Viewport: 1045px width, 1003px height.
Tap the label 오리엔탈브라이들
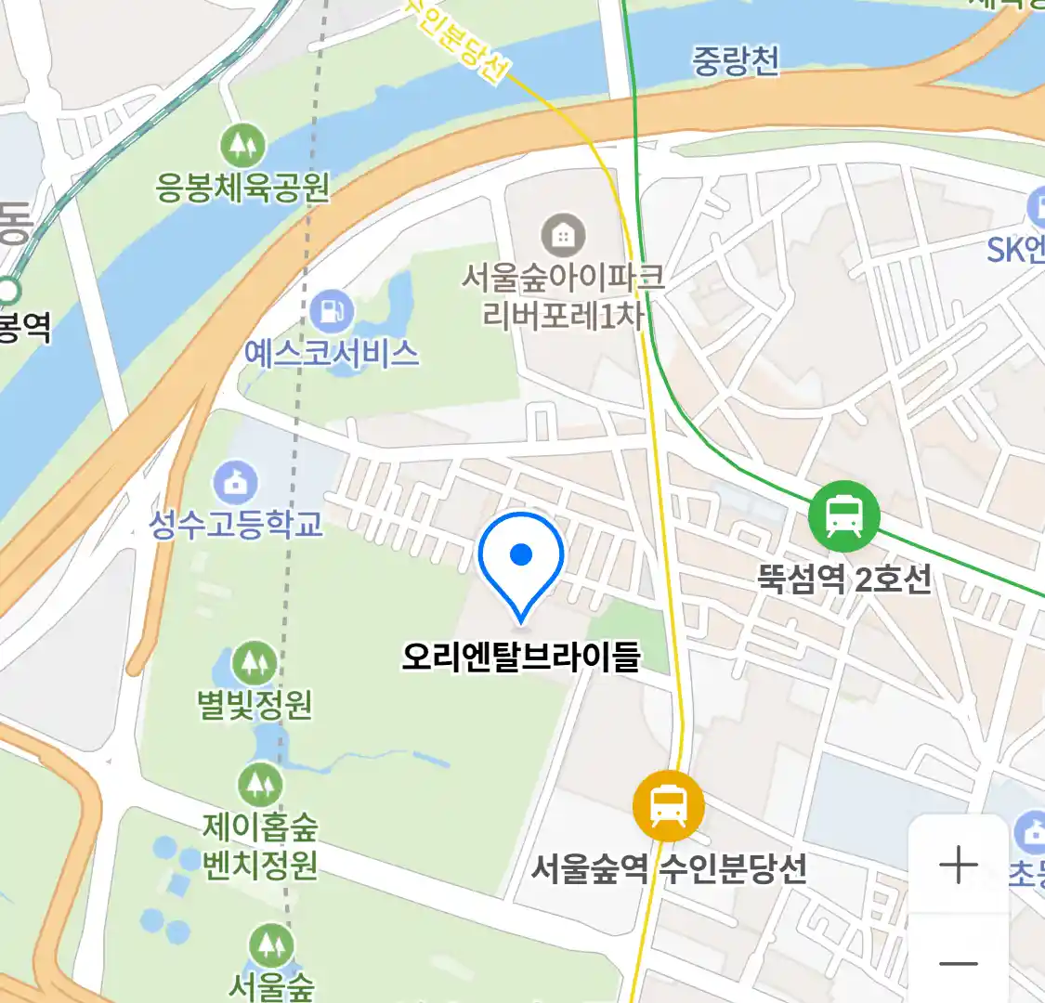[521, 656]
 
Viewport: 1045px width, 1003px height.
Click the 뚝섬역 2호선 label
[843, 580]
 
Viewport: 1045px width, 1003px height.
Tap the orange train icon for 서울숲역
[668, 806]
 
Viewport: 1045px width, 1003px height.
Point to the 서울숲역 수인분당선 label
[668, 869]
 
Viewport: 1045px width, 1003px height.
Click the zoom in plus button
[958, 866]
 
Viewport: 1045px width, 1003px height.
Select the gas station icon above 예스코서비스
[332, 312]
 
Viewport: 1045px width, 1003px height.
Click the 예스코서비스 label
[332, 353]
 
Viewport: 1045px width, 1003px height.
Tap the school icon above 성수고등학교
[236, 482]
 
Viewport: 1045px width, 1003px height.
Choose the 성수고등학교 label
[236, 524]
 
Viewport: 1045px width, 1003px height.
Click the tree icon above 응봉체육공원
[242, 146]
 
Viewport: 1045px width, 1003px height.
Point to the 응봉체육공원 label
[242, 188]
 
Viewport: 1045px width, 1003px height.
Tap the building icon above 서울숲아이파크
[562, 235]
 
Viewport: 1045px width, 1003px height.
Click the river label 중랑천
[735, 61]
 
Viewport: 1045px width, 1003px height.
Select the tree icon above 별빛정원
[254, 663]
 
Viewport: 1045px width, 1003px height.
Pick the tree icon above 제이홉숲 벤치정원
[260, 786]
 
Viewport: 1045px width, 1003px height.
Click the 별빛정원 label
[254, 705]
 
